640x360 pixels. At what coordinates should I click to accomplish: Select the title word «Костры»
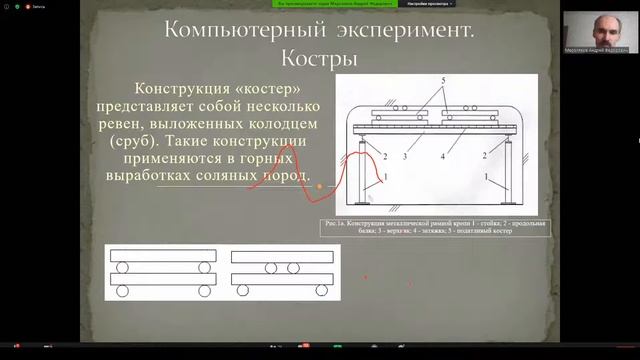point(320,59)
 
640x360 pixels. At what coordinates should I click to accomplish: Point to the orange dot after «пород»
point(319,186)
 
